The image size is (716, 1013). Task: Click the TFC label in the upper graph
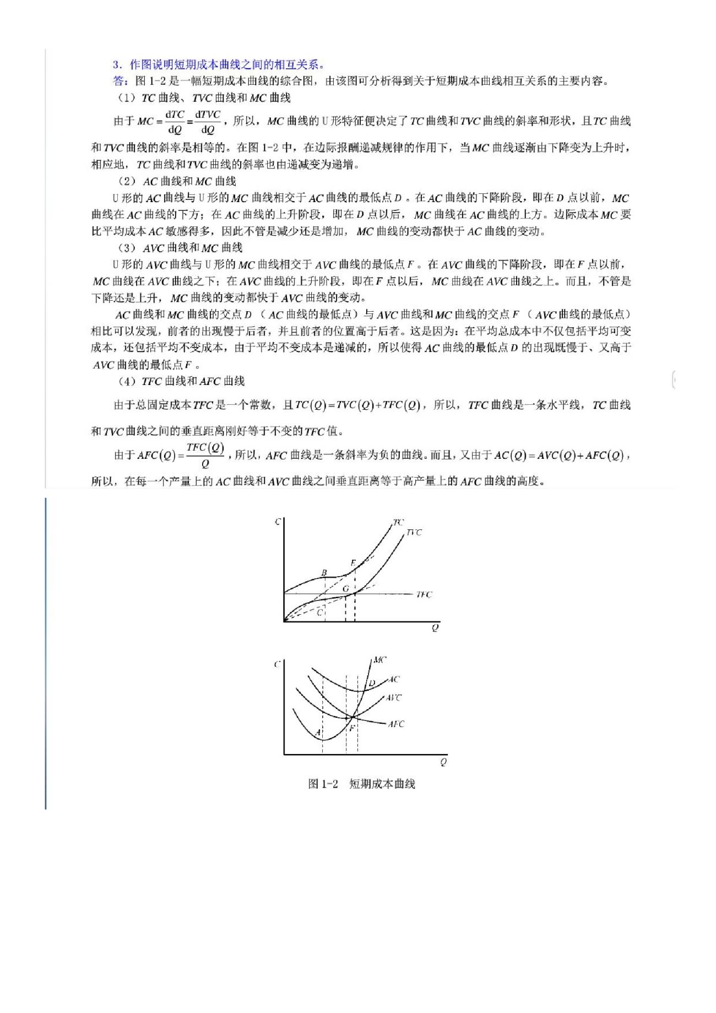point(424,595)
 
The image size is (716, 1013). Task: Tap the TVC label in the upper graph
point(414,533)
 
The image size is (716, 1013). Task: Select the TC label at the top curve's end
point(399,522)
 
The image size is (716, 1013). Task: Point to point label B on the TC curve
point(324,573)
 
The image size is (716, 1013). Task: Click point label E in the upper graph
point(353,563)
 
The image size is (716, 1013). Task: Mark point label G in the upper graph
point(346,589)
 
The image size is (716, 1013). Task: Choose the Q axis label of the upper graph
point(435,628)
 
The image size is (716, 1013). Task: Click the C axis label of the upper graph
point(278,521)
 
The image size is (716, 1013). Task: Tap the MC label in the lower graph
point(379,660)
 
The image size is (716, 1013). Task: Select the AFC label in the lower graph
point(396,724)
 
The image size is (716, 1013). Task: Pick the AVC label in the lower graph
point(393,698)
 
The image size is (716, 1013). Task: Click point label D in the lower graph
point(372,684)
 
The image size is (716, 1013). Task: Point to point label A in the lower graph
point(318,733)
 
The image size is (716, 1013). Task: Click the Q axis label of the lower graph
point(443,762)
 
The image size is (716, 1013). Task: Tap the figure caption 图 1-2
point(323,784)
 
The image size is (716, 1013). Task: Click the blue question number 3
point(116,64)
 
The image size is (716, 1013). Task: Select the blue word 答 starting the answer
point(118,82)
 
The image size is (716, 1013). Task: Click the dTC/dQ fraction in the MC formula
point(175,122)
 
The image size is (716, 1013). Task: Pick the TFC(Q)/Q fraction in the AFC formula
point(205,455)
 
